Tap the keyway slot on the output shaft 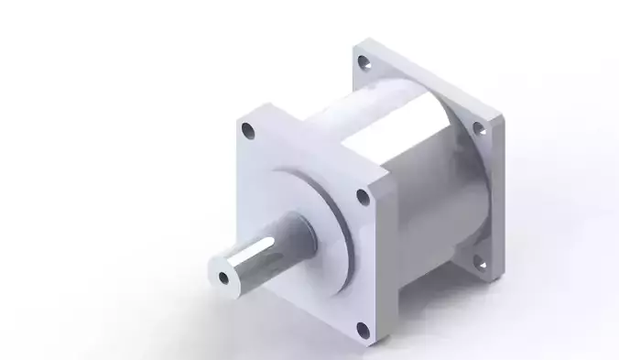[266, 248]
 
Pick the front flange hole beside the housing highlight [363, 195]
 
